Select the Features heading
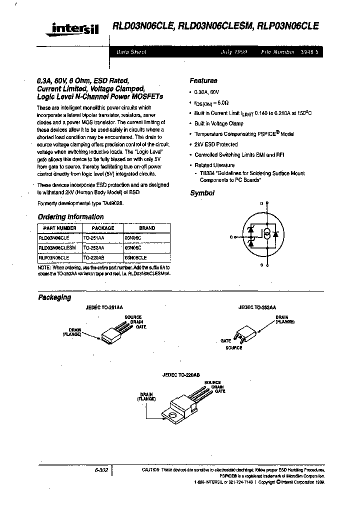point(203,80)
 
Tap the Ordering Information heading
point(70,217)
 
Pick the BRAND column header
point(146,228)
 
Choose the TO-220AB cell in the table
point(94,257)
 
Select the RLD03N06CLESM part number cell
point(57,247)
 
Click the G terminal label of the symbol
point(231,237)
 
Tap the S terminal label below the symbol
point(261,265)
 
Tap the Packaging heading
point(54,297)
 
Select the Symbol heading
point(202,193)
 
